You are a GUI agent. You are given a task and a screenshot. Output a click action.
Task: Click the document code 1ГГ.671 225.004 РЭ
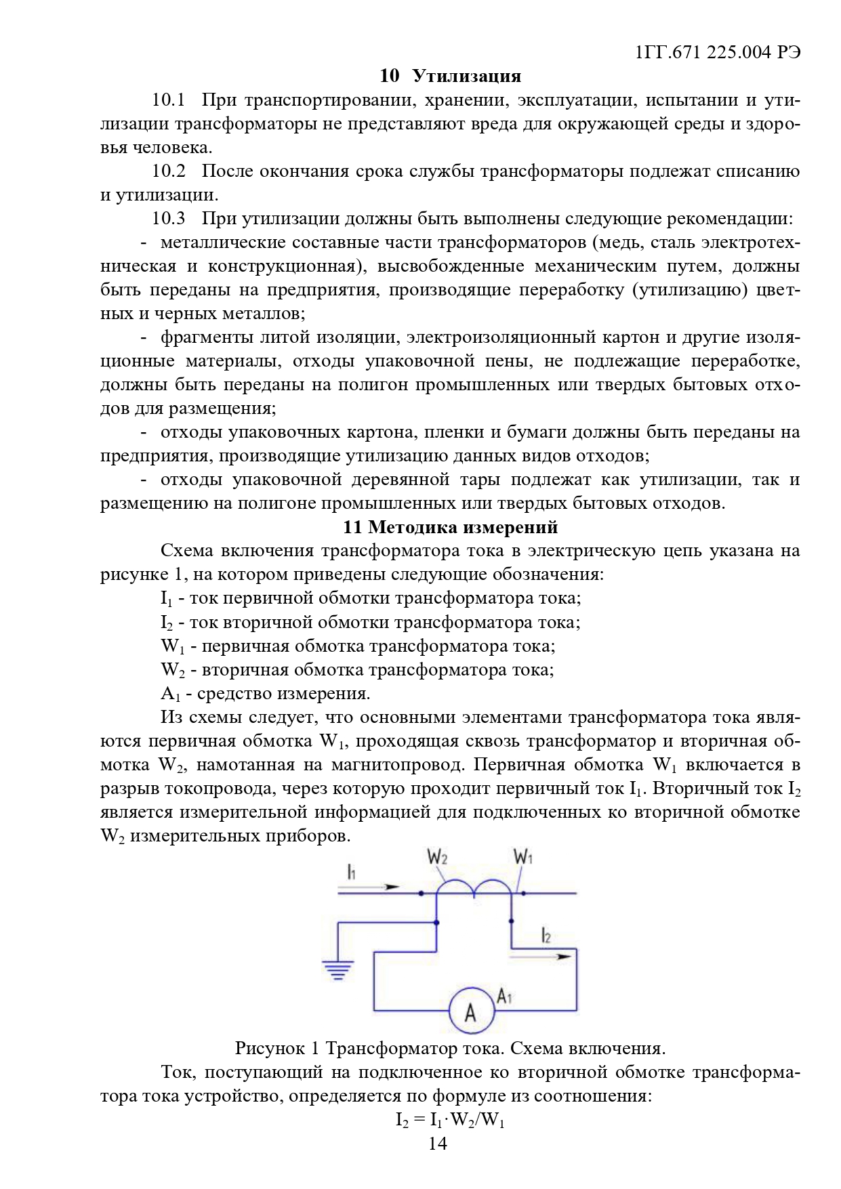click(x=719, y=52)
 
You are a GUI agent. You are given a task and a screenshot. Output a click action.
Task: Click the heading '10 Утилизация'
click(x=450, y=76)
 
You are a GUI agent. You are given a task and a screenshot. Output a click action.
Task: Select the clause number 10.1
click(x=169, y=100)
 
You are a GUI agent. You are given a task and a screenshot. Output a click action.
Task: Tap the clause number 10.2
click(x=169, y=171)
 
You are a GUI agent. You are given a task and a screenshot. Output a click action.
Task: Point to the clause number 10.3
click(x=169, y=219)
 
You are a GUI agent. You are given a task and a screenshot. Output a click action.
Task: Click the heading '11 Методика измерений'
click(x=450, y=527)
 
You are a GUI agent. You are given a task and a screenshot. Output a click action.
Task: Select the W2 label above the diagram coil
click(x=437, y=857)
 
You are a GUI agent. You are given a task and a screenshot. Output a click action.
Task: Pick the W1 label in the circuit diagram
click(x=522, y=857)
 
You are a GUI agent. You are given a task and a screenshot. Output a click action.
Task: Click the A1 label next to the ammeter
click(x=505, y=996)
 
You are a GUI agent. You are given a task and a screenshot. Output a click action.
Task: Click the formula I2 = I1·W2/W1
click(x=450, y=1121)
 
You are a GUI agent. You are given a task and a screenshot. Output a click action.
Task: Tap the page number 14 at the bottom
click(x=438, y=1144)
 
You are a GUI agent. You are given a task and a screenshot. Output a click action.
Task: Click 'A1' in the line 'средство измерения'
click(x=170, y=694)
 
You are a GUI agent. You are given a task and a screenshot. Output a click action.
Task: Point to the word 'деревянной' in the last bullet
click(x=400, y=480)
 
